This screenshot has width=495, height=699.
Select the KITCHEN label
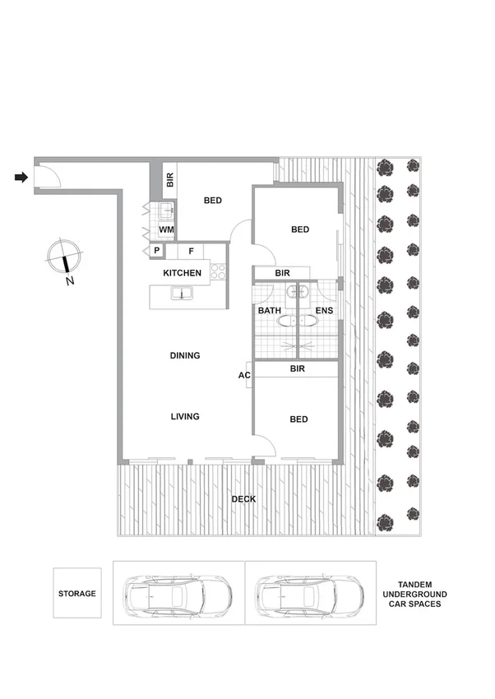[182, 273]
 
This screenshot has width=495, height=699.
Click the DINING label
[185, 355]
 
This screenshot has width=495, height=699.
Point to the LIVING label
[185, 417]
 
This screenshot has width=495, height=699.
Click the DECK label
[243, 499]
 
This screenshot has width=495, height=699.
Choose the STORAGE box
[77, 593]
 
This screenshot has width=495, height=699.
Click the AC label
[243, 376]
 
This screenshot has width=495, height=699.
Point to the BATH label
[270, 311]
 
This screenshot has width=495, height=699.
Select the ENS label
[324, 311]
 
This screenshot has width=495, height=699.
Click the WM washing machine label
[165, 229]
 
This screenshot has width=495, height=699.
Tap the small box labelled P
[155, 251]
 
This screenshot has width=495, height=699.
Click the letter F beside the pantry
[191, 251]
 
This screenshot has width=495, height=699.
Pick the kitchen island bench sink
[179, 294]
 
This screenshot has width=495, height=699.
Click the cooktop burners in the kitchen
[218, 271]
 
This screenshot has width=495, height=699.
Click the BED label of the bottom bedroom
[298, 419]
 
